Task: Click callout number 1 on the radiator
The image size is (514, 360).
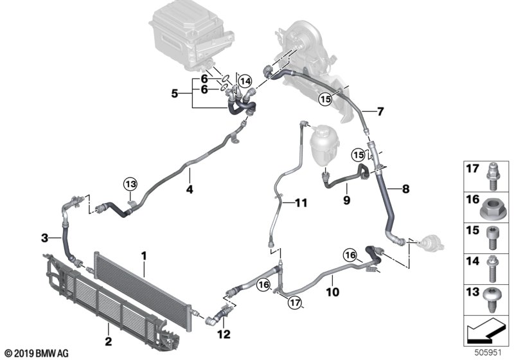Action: [x=145, y=256]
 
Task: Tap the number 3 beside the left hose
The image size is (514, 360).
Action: [x=44, y=239]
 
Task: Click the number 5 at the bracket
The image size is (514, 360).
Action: [x=174, y=93]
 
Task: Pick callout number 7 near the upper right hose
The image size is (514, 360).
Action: [x=380, y=111]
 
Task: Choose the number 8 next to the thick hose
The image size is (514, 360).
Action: [x=405, y=190]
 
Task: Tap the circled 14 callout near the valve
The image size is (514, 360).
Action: [x=244, y=82]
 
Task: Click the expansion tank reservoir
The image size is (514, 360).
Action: [x=323, y=139]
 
